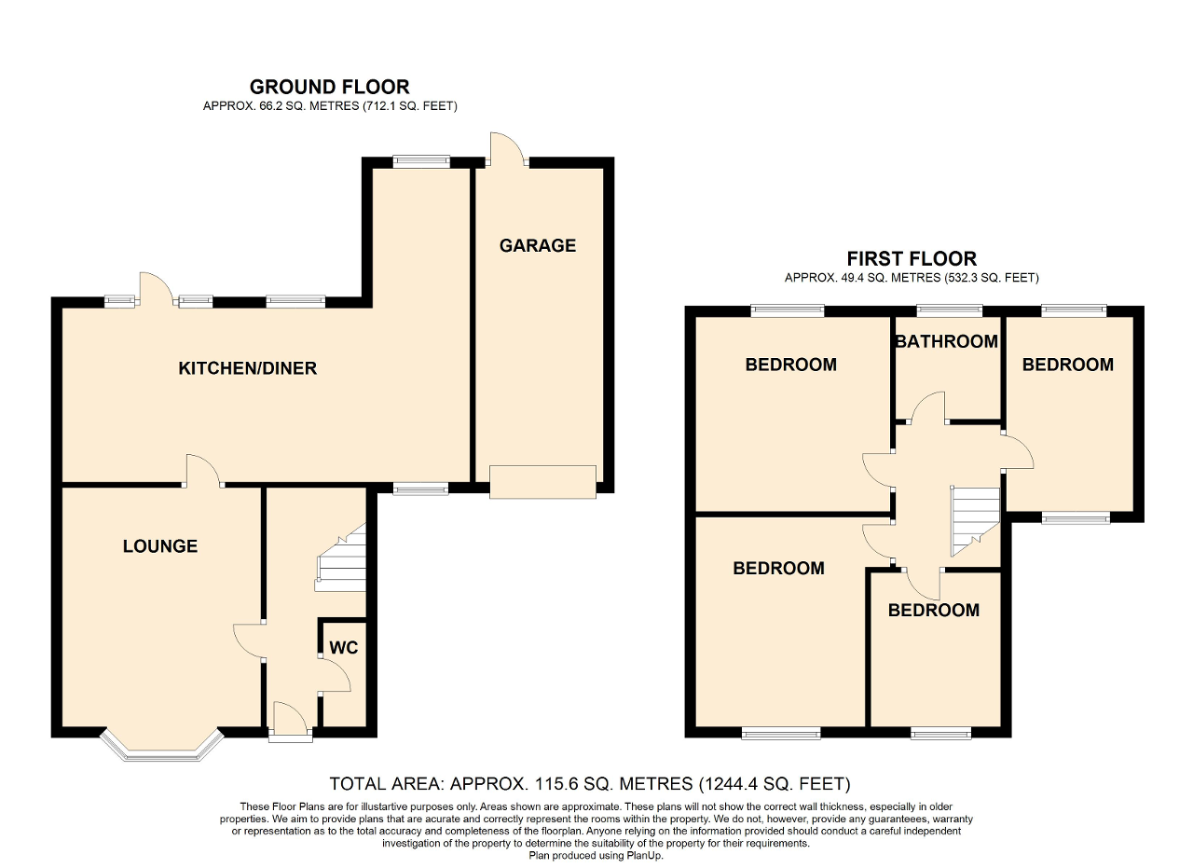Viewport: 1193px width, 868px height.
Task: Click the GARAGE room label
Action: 538,245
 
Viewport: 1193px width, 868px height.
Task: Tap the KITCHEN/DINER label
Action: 248,368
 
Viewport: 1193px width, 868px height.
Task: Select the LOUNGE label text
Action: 160,546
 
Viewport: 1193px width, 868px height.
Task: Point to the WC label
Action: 344,648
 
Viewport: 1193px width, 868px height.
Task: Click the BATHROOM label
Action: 946,341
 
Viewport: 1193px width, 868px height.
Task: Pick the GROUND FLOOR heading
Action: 330,87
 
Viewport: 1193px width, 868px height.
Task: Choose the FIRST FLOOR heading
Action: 912,259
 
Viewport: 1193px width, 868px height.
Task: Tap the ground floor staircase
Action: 341,558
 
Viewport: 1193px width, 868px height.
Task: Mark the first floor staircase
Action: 975,521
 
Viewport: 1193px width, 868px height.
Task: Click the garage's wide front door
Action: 542,482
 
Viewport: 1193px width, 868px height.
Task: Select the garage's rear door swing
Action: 509,148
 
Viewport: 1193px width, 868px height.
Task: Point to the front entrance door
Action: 290,721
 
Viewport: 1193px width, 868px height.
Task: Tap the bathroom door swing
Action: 927,407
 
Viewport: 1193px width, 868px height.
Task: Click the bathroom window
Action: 950,310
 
